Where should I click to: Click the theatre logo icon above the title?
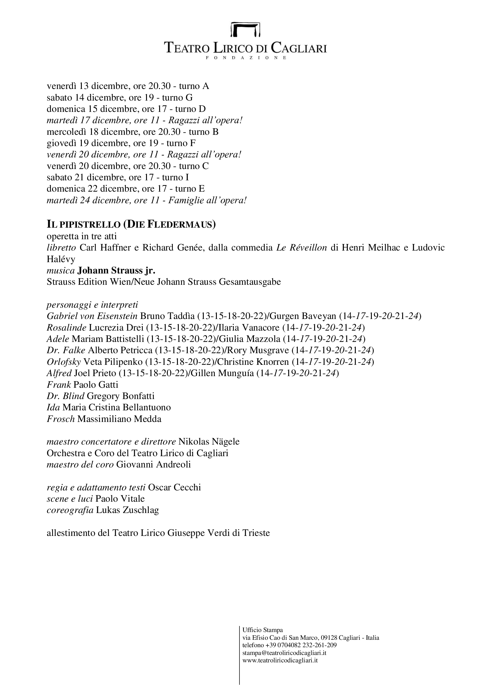(x=246, y=29)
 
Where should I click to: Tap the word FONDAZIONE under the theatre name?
(x=246, y=58)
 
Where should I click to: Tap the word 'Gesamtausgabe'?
(x=250, y=281)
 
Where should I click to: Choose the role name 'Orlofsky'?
(x=64, y=362)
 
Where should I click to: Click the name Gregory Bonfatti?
(x=120, y=396)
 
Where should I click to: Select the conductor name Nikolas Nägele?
(x=209, y=441)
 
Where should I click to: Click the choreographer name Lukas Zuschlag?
(x=127, y=510)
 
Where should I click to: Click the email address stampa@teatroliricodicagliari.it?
(x=284, y=653)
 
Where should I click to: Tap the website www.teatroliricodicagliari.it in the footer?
(x=280, y=660)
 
